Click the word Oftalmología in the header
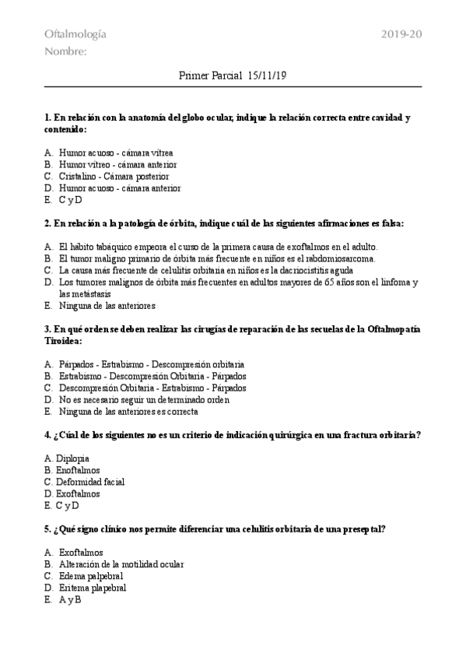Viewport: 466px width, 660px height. coord(75,34)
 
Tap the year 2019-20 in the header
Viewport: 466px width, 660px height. coord(402,34)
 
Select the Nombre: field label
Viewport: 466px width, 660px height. coord(65,52)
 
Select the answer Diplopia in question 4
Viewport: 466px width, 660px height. coord(72,458)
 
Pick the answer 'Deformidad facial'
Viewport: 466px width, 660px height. coord(90,482)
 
